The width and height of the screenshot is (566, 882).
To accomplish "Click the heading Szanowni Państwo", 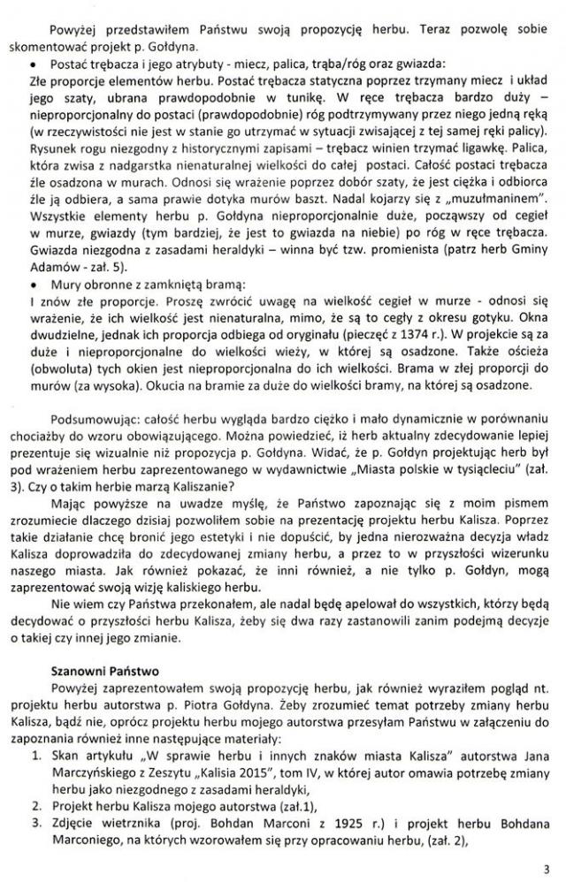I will click(92, 671).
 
